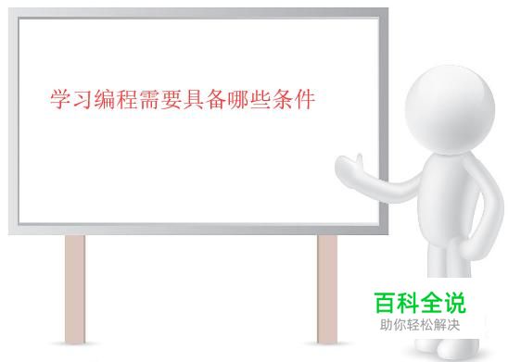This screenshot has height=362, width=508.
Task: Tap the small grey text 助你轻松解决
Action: coord(420,325)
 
